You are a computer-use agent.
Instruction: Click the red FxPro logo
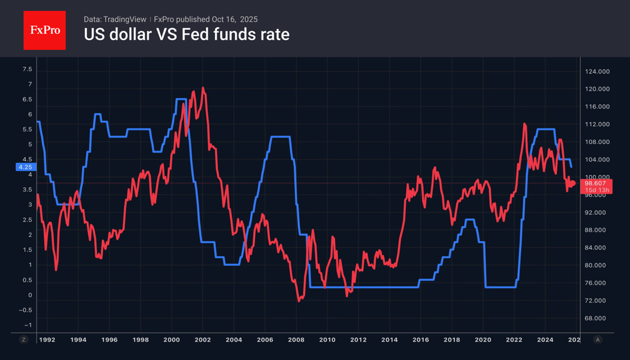pyautogui.click(x=45, y=31)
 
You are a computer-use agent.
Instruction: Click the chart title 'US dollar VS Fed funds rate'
pyautogui.click(x=186, y=35)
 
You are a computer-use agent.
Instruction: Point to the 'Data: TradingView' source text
pyautogui.click(x=115, y=19)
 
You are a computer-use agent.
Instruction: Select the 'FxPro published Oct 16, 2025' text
pyautogui.click(x=206, y=19)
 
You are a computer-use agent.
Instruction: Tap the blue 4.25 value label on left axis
pyautogui.click(x=25, y=167)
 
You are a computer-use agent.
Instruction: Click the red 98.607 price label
pyautogui.click(x=595, y=183)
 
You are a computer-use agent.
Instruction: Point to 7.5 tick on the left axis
pyautogui.click(x=27, y=69)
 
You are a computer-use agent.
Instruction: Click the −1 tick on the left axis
pyautogui.click(x=28, y=325)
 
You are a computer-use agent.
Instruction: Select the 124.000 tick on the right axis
pyautogui.click(x=597, y=72)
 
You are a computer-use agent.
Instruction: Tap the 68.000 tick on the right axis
pyautogui.click(x=597, y=318)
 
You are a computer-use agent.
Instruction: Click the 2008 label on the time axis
pyautogui.click(x=296, y=340)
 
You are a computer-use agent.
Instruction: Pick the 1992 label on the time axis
pyautogui.click(x=47, y=340)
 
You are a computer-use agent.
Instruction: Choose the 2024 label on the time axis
pyautogui.click(x=545, y=340)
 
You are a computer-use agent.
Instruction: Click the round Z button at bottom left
pyautogui.click(x=24, y=340)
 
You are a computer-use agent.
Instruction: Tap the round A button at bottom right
pyautogui.click(x=597, y=340)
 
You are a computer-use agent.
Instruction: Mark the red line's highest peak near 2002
pyautogui.click(x=203, y=88)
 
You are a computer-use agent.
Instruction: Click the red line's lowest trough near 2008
pyautogui.click(x=299, y=301)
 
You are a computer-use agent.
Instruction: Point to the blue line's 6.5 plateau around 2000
pyautogui.click(x=181, y=99)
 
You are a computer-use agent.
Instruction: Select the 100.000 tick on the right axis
pyautogui.click(x=597, y=177)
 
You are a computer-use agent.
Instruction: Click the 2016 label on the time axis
pyautogui.click(x=421, y=340)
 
